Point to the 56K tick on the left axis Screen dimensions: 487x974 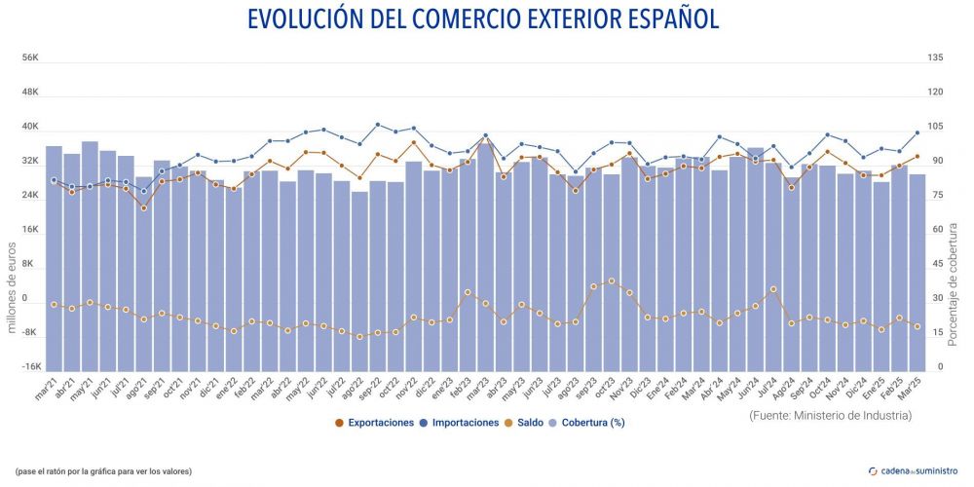29,58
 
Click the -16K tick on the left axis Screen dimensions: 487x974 29,367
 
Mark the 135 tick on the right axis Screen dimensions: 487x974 935,58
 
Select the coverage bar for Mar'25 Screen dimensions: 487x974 917,273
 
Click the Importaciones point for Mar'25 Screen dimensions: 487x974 917,132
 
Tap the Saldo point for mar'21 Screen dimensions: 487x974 54,304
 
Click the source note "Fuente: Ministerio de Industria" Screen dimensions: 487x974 831,416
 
